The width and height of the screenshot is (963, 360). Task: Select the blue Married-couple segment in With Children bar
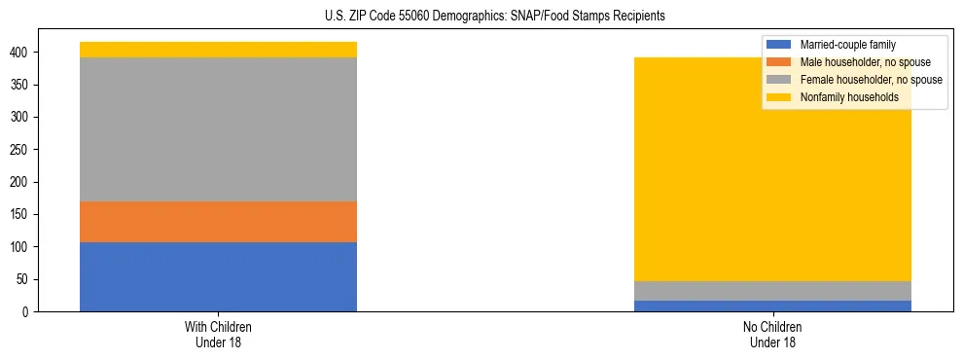pyautogui.click(x=218, y=276)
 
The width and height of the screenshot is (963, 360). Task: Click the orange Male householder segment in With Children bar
pyautogui.click(x=218, y=222)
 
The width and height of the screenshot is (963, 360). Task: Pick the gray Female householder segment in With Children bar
pyautogui.click(x=218, y=129)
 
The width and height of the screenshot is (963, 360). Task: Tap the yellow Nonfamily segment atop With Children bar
pyautogui.click(x=218, y=50)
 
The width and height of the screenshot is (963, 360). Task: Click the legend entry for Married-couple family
pyautogui.click(x=847, y=45)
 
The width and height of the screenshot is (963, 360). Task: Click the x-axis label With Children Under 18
pyautogui.click(x=218, y=334)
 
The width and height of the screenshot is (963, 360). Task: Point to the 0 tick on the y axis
pyautogui.click(x=29, y=312)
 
